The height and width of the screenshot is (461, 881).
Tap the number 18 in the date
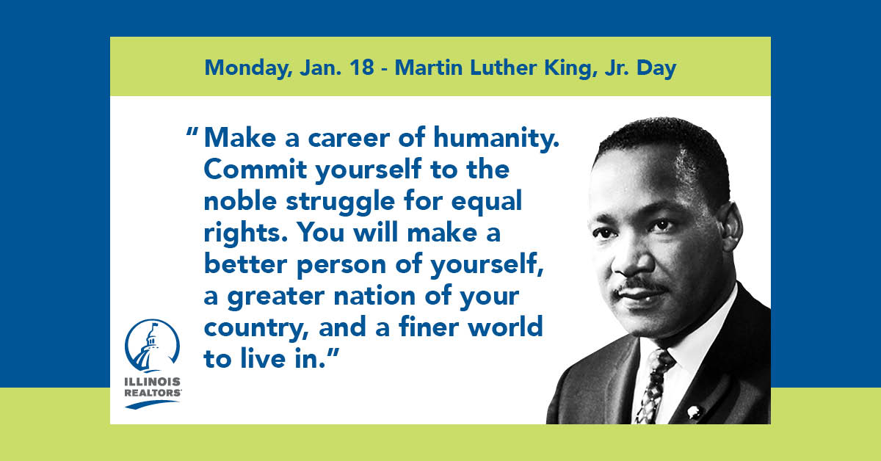click(362, 68)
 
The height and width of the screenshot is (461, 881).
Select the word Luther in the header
click(503, 68)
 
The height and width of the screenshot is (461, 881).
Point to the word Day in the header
click(656, 68)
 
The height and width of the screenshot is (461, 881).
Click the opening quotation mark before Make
click(192, 131)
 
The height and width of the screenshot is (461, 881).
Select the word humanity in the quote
click(496, 139)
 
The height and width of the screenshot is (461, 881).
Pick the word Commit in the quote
click(255, 169)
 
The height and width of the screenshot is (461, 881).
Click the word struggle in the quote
click(340, 202)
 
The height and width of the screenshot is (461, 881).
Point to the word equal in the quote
click(486, 202)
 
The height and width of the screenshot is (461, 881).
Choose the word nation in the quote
click(374, 295)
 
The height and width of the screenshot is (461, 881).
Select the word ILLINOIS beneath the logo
click(153, 382)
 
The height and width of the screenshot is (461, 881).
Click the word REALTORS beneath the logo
click(153, 393)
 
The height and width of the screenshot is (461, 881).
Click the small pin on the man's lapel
click(695, 412)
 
